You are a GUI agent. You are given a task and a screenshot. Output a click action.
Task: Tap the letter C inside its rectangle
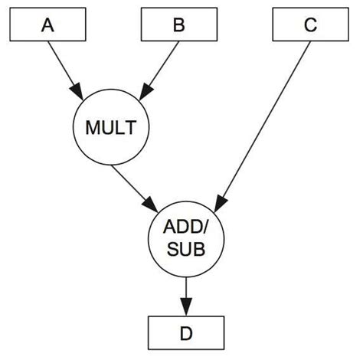pyautogui.click(x=309, y=27)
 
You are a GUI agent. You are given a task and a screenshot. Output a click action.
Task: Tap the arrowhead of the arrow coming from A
pyautogui.click(x=80, y=90)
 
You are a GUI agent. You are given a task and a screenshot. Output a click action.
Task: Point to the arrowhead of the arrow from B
pyautogui.click(x=144, y=90)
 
